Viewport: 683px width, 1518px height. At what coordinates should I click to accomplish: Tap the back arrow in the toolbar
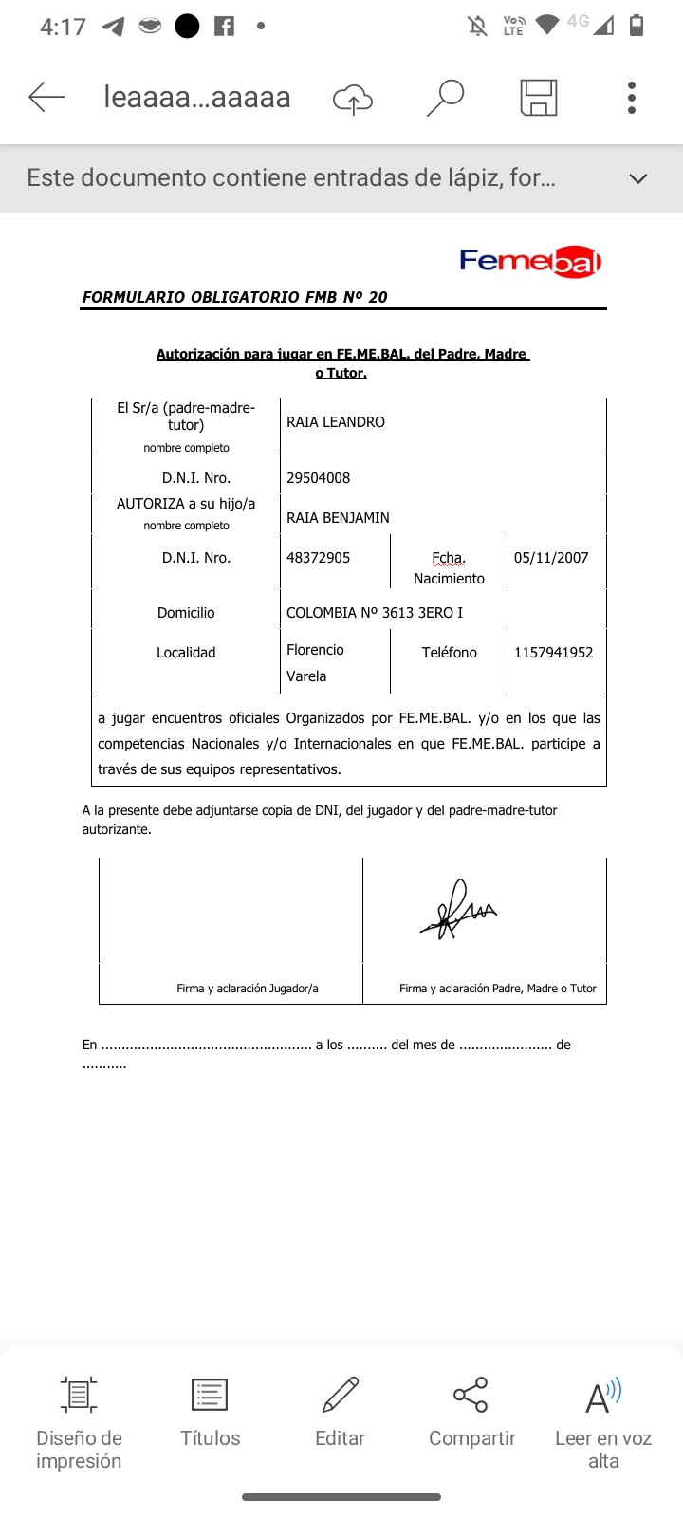tap(46, 97)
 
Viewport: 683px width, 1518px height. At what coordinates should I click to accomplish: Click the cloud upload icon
tap(352, 98)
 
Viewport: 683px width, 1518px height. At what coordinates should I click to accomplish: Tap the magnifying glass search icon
tap(444, 97)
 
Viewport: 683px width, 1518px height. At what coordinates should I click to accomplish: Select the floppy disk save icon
tap(538, 97)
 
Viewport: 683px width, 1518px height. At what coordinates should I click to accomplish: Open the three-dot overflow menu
tap(632, 97)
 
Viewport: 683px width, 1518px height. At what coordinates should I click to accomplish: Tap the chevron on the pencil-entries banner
tap(638, 178)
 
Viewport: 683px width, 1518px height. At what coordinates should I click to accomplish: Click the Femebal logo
tap(530, 261)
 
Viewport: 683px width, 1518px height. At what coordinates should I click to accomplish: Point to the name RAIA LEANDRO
tap(336, 422)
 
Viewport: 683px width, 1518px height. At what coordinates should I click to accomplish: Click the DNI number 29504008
tap(319, 478)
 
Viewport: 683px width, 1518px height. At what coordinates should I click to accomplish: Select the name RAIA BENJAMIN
tap(338, 518)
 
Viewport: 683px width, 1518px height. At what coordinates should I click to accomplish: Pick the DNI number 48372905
tap(319, 558)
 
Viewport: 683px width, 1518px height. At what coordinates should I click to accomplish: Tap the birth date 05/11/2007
tap(551, 558)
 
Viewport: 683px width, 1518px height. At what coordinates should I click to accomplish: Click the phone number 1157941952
tap(553, 653)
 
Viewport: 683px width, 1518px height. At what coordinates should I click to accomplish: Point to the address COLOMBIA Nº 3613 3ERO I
tap(375, 613)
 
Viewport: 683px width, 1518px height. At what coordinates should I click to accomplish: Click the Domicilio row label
tap(186, 613)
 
